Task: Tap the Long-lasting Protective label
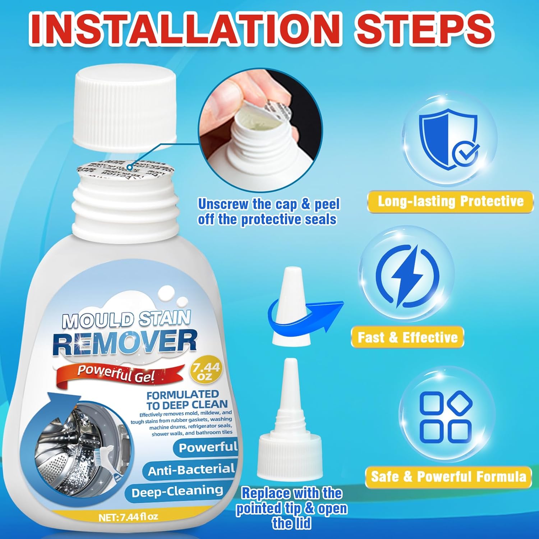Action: click(x=450, y=201)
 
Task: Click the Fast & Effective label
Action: click(x=407, y=337)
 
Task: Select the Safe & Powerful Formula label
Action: click(x=448, y=477)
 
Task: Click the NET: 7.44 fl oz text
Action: click(x=128, y=517)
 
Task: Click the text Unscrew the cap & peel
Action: click(x=268, y=204)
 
